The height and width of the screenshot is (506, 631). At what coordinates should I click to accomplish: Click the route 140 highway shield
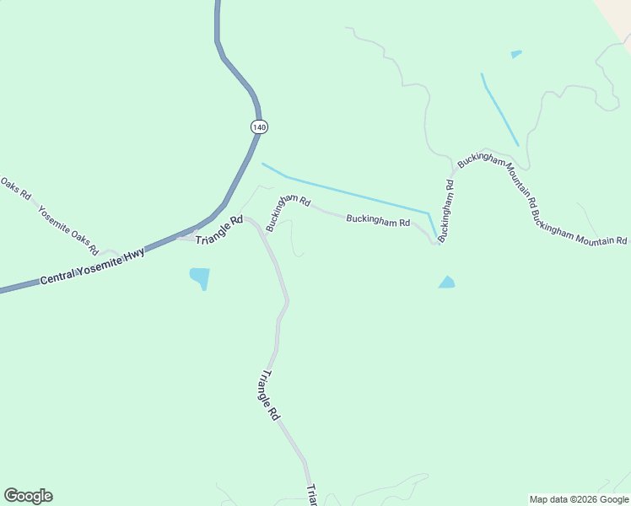(x=259, y=126)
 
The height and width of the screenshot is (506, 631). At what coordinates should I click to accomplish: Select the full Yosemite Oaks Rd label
(x=68, y=229)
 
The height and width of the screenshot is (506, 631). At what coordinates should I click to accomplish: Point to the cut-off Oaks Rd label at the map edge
(x=14, y=189)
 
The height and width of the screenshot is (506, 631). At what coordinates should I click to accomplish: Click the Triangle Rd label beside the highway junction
(x=218, y=230)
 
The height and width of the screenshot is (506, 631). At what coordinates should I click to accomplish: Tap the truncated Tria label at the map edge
(x=311, y=495)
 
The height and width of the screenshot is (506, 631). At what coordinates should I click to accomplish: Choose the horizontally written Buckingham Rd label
(x=378, y=221)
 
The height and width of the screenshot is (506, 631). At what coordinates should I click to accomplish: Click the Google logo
(x=28, y=496)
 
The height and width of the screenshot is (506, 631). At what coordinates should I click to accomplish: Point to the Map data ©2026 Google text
(x=579, y=499)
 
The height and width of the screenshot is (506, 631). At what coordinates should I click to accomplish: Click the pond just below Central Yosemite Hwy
(x=200, y=277)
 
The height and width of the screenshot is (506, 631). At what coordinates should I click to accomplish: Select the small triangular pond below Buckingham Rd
(x=446, y=283)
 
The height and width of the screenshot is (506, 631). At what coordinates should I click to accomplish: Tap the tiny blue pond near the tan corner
(x=515, y=55)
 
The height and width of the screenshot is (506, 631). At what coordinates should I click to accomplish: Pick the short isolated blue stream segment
(x=499, y=110)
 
